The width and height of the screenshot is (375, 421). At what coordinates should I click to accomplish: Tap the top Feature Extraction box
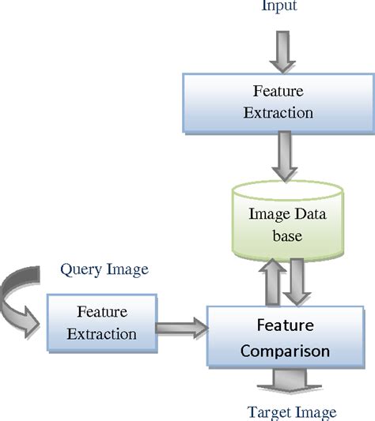click(278, 102)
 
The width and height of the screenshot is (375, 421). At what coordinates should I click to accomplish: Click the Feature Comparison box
click(285, 337)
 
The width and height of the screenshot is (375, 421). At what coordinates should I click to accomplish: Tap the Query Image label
click(104, 269)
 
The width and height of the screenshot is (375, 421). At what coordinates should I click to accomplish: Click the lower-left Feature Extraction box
click(101, 322)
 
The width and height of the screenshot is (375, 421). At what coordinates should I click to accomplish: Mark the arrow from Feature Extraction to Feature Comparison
click(180, 325)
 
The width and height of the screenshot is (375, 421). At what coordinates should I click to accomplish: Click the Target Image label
click(292, 412)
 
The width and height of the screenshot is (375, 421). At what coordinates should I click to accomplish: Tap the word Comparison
click(285, 350)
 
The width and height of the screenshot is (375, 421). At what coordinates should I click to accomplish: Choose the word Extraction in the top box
click(278, 112)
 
